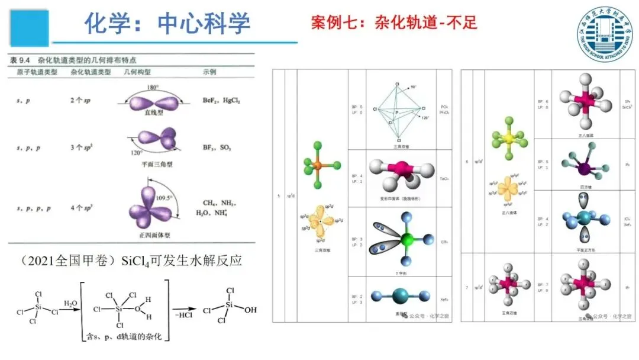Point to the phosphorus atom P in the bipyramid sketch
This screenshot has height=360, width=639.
point(398,111)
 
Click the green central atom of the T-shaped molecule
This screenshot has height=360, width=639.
point(406,240)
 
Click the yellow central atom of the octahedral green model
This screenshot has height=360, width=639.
point(508,139)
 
